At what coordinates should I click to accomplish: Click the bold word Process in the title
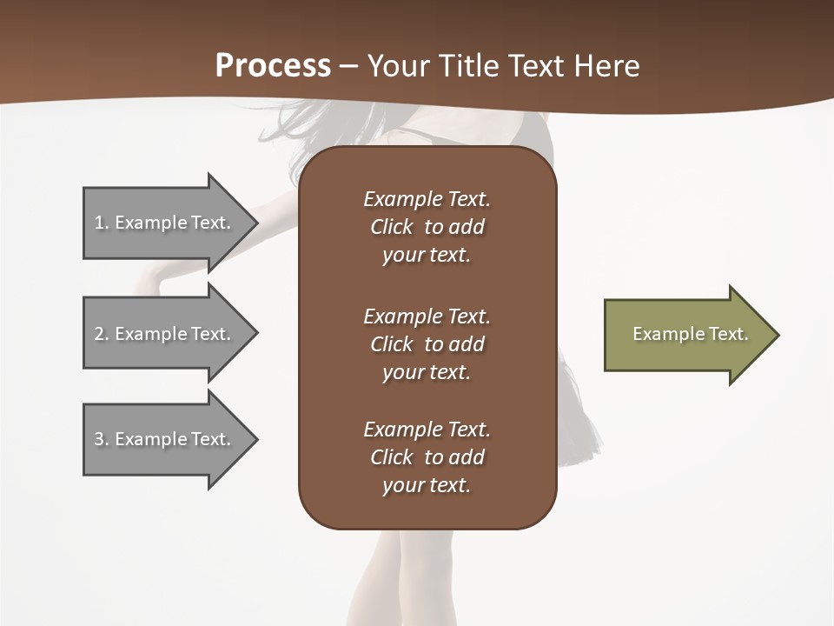pos(273,66)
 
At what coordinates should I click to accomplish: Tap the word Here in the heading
pos(606,66)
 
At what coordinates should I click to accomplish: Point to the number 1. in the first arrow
pos(102,223)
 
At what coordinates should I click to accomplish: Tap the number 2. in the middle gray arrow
pos(102,334)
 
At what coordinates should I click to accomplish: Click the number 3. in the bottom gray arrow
pos(102,439)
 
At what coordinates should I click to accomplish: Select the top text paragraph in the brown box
pos(427,227)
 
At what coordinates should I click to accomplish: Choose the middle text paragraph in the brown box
pos(427,343)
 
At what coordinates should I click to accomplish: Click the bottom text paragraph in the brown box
pos(427,457)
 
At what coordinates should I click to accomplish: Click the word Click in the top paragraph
pos(391,227)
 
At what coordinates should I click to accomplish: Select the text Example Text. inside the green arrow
pos(691,334)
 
